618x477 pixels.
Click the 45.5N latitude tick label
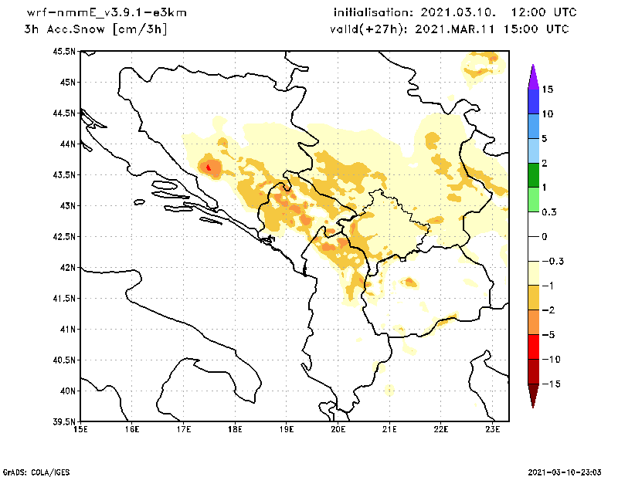tap(65, 52)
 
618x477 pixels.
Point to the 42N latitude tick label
tap(67, 268)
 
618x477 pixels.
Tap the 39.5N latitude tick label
tap(65, 422)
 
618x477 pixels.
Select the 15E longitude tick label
tap(80, 429)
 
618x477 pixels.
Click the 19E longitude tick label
tap(287, 429)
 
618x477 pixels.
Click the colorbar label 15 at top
tap(547, 90)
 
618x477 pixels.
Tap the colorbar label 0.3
tap(549, 212)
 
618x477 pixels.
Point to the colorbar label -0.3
tap(552, 261)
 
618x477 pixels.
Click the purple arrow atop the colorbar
tap(532, 76)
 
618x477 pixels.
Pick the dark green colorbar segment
tap(532, 175)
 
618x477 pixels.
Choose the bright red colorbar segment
tap(532, 347)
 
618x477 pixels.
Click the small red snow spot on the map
tap(209, 166)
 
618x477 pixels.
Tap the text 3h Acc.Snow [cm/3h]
tap(96, 29)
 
